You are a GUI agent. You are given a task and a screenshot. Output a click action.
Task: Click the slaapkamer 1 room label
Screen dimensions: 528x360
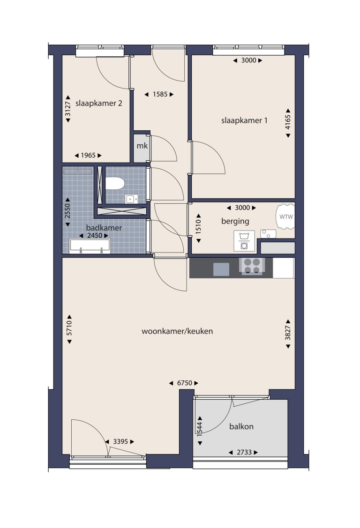(x=244, y=120)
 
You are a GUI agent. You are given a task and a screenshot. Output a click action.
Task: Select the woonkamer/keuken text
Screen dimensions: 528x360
(x=177, y=331)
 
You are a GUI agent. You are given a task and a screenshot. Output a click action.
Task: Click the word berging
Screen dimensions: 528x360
(x=235, y=221)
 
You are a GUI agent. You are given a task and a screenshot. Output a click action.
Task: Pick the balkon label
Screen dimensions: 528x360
(x=241, y=427)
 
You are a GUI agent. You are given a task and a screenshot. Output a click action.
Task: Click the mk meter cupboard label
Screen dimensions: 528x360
(x=142, y=146)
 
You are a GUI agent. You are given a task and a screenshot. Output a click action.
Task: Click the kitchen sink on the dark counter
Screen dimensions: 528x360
(x=221, y=269)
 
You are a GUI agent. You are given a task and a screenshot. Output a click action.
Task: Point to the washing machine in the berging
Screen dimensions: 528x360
(x=244, y=241)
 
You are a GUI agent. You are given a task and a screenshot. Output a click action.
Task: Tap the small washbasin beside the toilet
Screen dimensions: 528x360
(x=130, y=199)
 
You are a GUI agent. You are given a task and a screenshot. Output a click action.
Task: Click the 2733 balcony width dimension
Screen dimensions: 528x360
(x=244, y=452)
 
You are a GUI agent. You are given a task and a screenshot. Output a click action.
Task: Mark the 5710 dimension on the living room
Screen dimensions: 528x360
(x=69, y=329)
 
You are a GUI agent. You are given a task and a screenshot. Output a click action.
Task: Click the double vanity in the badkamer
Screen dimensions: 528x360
(x=90, y=245)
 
